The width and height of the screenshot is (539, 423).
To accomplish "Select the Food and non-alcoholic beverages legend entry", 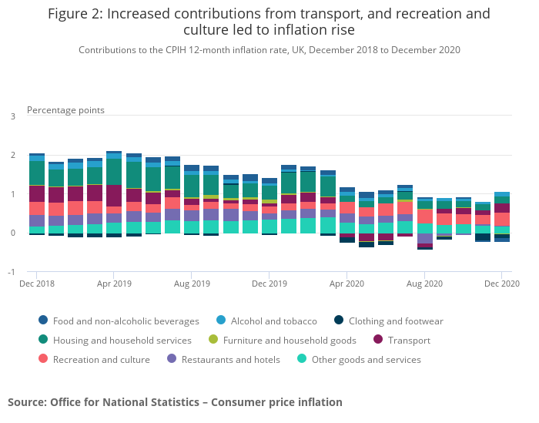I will (x=119, y=321).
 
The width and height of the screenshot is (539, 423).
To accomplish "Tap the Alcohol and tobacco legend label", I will (x=273, y=321).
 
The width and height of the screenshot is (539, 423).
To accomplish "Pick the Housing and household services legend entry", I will (x=115, y=341).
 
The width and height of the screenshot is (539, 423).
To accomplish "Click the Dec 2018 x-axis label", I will (x=36, y=284).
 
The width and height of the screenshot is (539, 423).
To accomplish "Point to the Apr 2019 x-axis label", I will (x=114, y=284).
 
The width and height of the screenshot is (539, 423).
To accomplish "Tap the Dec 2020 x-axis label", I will (x=501, y=284).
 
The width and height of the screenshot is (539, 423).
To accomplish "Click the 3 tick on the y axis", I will (x=12, y=116).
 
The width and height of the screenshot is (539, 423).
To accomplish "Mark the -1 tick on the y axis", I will (x=12, y=272).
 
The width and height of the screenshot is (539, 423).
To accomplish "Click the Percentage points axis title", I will (x=65, y=110).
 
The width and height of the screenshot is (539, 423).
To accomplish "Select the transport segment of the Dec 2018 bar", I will (x=36, y=193).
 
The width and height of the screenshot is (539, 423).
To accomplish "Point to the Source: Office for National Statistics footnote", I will (x=175, y=402).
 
